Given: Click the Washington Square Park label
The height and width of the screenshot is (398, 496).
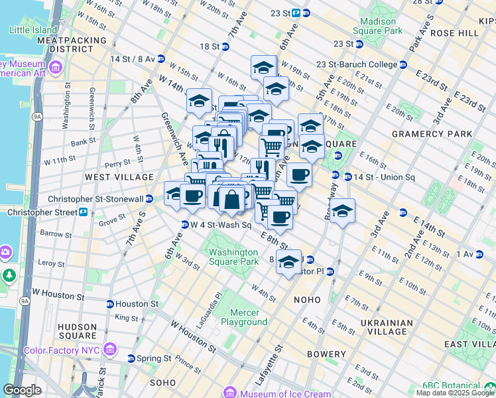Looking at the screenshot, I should click(233, 257).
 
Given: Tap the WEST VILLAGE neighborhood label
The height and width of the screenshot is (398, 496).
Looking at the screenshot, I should click(110, 178).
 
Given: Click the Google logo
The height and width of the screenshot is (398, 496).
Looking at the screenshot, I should click(22, 390).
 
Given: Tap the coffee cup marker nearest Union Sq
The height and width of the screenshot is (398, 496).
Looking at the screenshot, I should click(299, 175).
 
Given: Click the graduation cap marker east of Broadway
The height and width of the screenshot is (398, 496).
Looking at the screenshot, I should click(342, 211).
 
